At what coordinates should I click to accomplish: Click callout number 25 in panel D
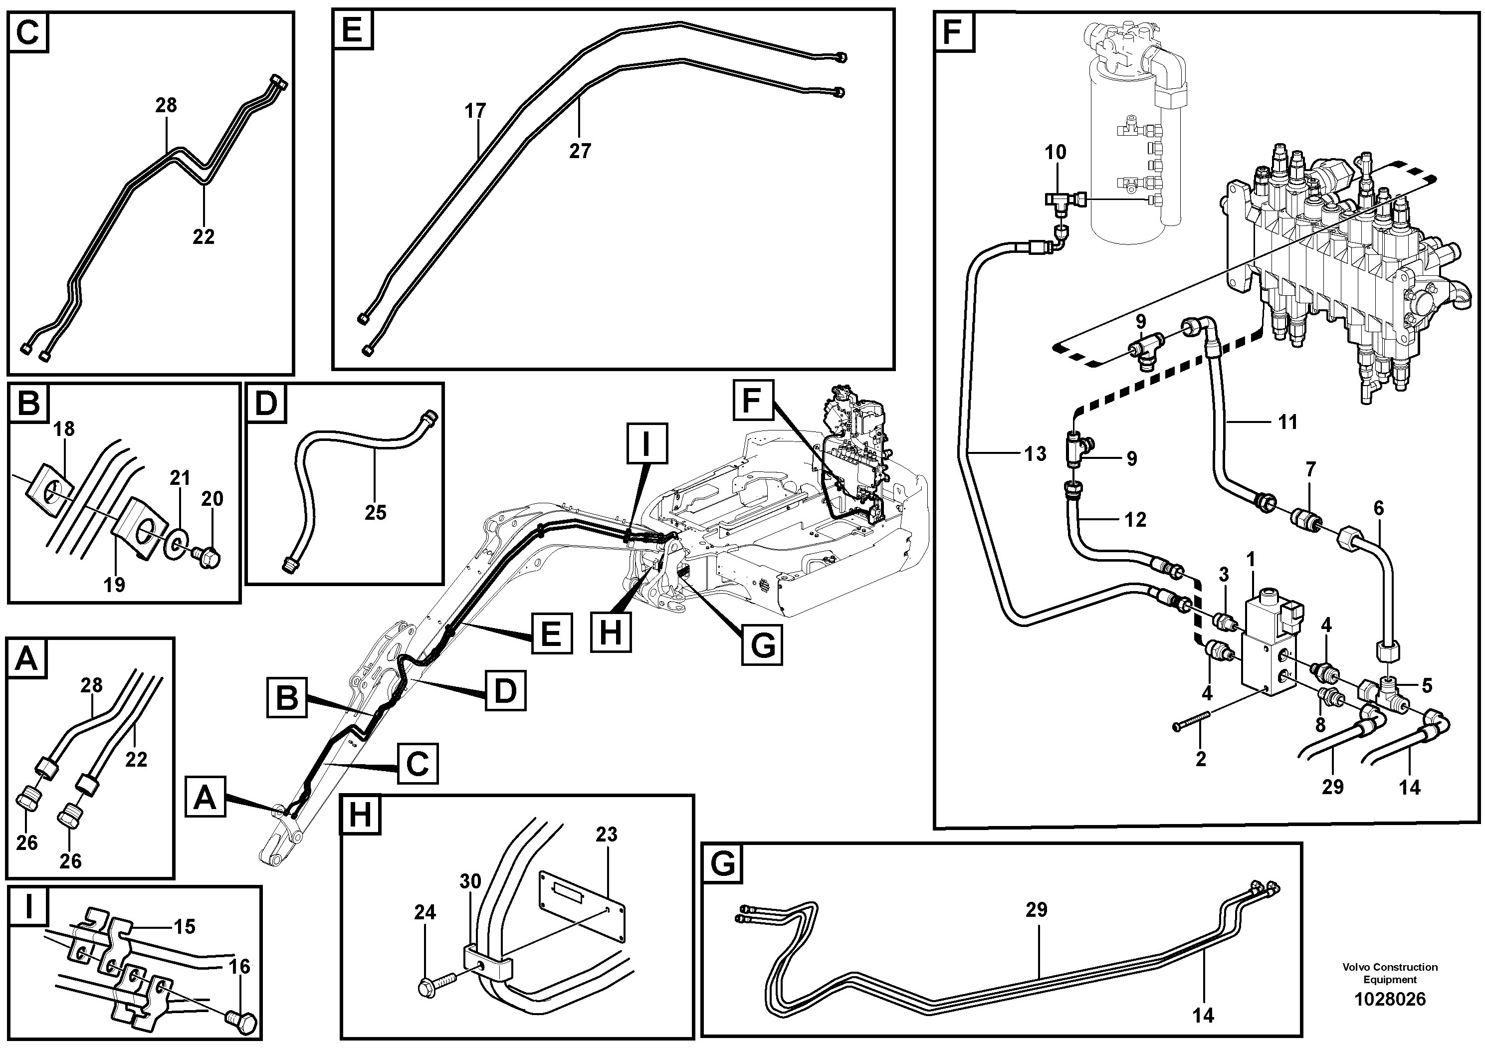(375, 513)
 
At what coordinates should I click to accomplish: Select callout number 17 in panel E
(475, 111)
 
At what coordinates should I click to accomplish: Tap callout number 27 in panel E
(580, 151)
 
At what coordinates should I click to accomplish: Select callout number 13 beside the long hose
(1036, 454)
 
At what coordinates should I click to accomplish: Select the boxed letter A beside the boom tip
(205, 798)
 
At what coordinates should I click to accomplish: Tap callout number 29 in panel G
(1036, 910)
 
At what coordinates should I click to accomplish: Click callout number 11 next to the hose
(1288, 422)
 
